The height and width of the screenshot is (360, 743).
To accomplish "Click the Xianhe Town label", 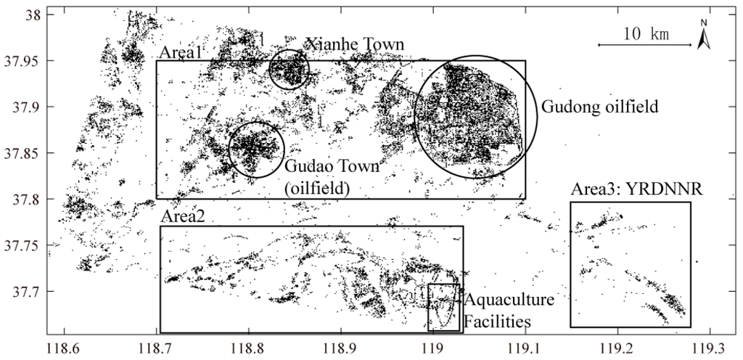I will click(x=355, y=45).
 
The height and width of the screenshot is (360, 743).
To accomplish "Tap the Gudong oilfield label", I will click(x=599, y=107).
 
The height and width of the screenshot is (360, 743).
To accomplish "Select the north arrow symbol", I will click(x=702, y=36).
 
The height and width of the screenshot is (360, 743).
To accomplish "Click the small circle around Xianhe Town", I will click(x=290, y=70).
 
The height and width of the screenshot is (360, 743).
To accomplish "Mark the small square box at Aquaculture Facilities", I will click(x=443, y=306).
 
